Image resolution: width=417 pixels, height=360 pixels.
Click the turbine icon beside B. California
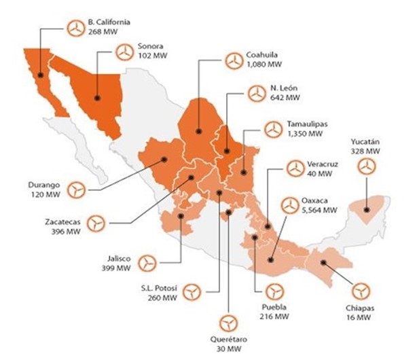77,26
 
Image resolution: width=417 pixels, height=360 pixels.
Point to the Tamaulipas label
308,125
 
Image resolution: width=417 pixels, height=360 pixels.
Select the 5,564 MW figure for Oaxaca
319,211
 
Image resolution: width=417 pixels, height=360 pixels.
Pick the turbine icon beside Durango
79,189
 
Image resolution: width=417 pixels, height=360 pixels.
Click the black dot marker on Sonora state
98,97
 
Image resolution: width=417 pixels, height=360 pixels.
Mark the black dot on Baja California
40,75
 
